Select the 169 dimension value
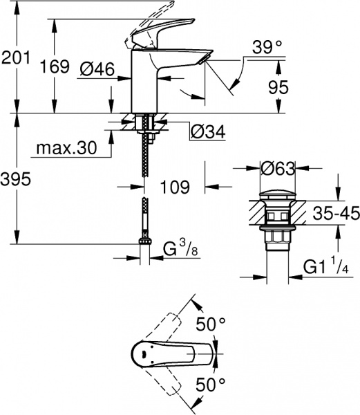click(x=55, y=67)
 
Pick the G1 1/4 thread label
click(x=327, y=265)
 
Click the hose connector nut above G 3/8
click(x=144, y=243)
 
